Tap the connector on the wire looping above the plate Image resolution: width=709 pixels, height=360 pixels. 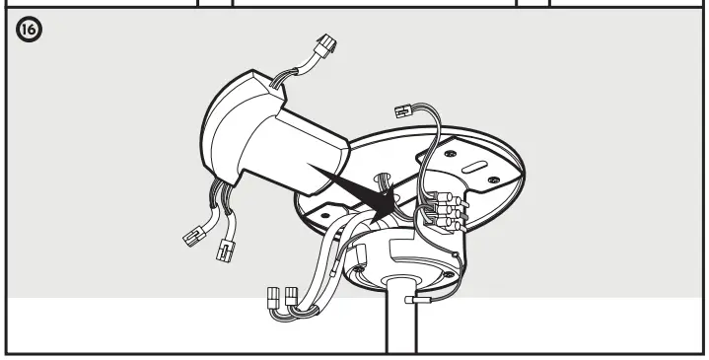(402, 112)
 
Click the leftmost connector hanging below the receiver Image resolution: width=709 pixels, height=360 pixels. (193, 236)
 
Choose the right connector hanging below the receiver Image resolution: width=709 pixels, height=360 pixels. (228, 252)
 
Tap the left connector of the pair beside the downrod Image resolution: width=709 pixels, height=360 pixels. (275, 298)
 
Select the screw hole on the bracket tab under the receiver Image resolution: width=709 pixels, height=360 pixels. (317, 209)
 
